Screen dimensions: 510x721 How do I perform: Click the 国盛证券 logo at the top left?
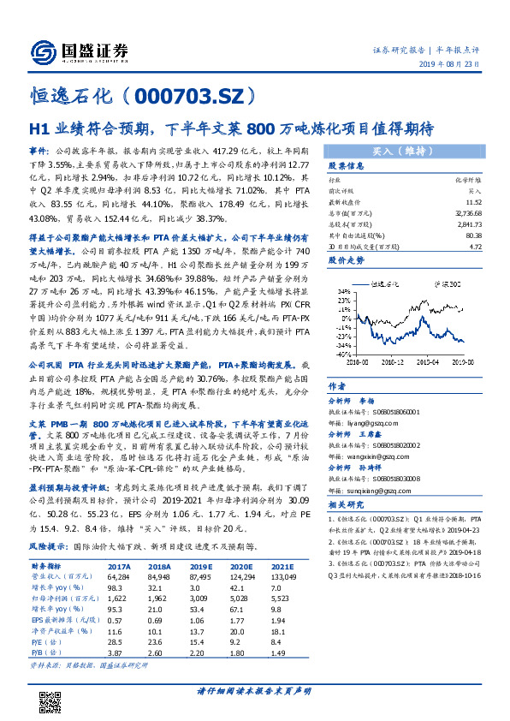point(78,50)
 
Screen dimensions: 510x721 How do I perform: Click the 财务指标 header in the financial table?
point(47,566)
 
